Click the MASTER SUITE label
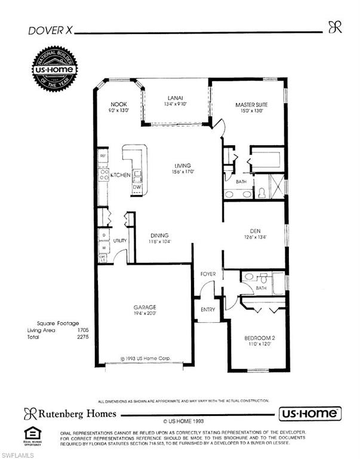coord(251,105)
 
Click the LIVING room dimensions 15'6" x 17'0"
coord(183,172)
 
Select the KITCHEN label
coord(120,175)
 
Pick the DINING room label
coord(159,235)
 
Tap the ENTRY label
coord(208,310)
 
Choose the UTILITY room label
coord(120,240)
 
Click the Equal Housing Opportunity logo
coord(32,435)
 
